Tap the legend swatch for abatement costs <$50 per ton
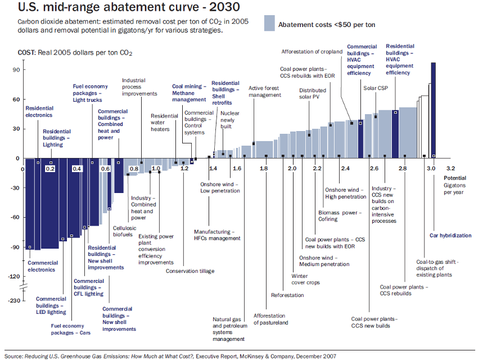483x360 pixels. pyautogui.click(x=270, y=24)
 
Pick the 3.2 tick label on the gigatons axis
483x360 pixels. pyautogui.click(x=450, y=168)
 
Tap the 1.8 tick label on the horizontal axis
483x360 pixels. pyautogui.click(x=263, y=168)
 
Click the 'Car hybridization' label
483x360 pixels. pyautogui.click(x=450, y=235)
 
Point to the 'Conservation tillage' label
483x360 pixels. pyautogui.click(x=189, y=271)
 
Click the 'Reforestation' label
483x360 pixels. pyautogui.click(x=287, y=295)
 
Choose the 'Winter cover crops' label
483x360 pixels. pyautogui.click(x=305, y=280)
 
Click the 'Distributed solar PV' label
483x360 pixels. pyautogui.click(x=312, y=93)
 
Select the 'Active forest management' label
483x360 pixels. pyautogui.click(x=265, y=92)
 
